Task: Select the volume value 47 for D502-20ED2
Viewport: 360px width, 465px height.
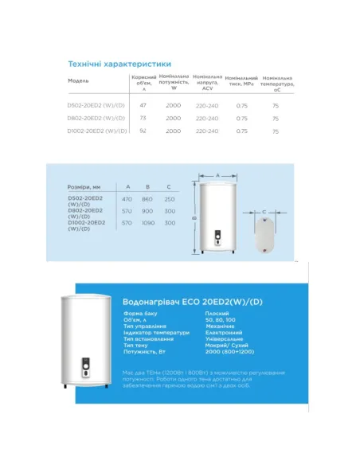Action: point(143,104)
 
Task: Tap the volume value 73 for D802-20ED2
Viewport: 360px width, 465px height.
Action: point(143,118)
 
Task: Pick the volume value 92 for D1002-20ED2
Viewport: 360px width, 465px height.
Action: point(143,131)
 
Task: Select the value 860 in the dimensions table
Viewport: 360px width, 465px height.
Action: point(147,197)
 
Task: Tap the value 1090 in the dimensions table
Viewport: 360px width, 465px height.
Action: point(147,223)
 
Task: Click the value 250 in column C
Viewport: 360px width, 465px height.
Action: point(169,197)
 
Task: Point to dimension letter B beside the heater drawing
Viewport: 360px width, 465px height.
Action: point(194,215)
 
